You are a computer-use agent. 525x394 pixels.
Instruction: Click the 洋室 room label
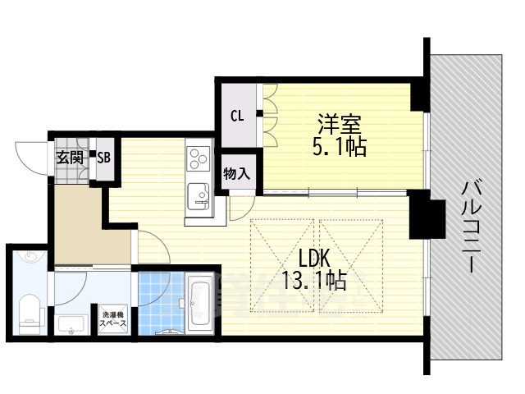(x=339, y=124)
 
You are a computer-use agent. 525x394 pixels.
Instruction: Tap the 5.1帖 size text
(x=339, y=146)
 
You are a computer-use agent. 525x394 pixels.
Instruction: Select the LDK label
(x=314, y=259)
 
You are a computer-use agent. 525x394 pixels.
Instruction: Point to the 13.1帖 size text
(x=314, y=280)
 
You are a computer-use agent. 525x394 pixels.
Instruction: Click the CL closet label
(x=237, y=116)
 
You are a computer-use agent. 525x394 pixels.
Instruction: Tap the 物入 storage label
(x=237, y=174)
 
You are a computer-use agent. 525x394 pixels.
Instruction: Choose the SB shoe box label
(x=104, y=157)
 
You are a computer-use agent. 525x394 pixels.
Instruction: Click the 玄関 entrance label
(x=70, y=158)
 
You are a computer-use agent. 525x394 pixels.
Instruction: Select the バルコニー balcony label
(x=472, y=227)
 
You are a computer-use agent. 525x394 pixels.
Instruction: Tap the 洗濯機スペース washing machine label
(x=114, y=319)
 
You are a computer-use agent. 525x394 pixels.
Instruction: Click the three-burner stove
(x=199, y=158)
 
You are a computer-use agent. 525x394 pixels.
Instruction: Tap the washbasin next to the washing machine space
(x=71, y=324)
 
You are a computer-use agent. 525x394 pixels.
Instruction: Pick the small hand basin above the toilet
(x=31, y=257)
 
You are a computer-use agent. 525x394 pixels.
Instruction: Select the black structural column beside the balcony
(x=427, y=214)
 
